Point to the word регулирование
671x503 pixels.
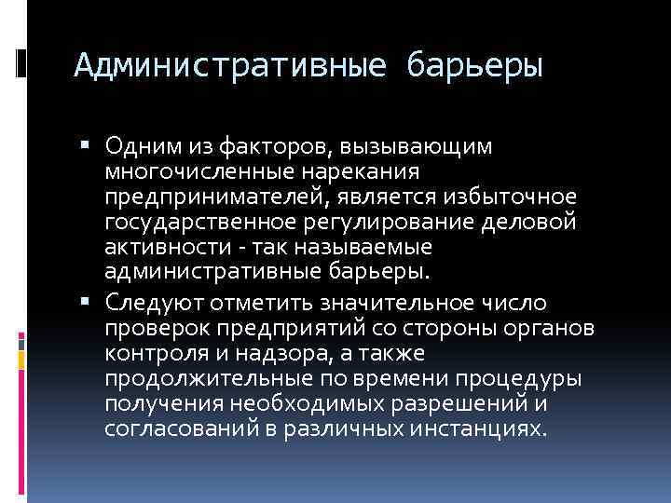click(x=369, y=224)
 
